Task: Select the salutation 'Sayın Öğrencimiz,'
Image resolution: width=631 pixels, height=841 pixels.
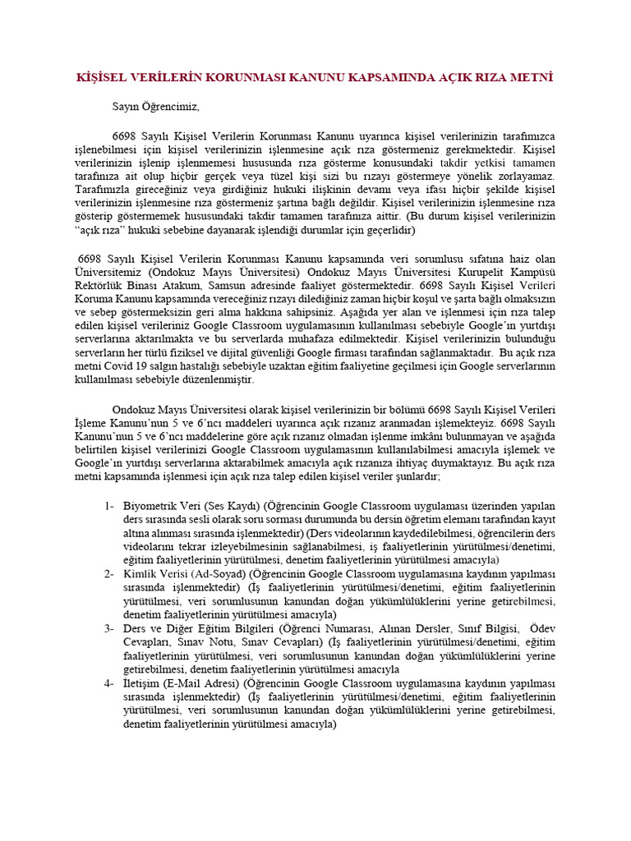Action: tap(155, 106)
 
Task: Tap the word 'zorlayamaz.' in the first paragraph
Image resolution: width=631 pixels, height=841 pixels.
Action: tap(523, 176)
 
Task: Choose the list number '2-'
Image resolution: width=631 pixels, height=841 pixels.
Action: tap(109, 573)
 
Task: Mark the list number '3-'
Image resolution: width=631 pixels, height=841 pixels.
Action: tap(109, 628)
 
